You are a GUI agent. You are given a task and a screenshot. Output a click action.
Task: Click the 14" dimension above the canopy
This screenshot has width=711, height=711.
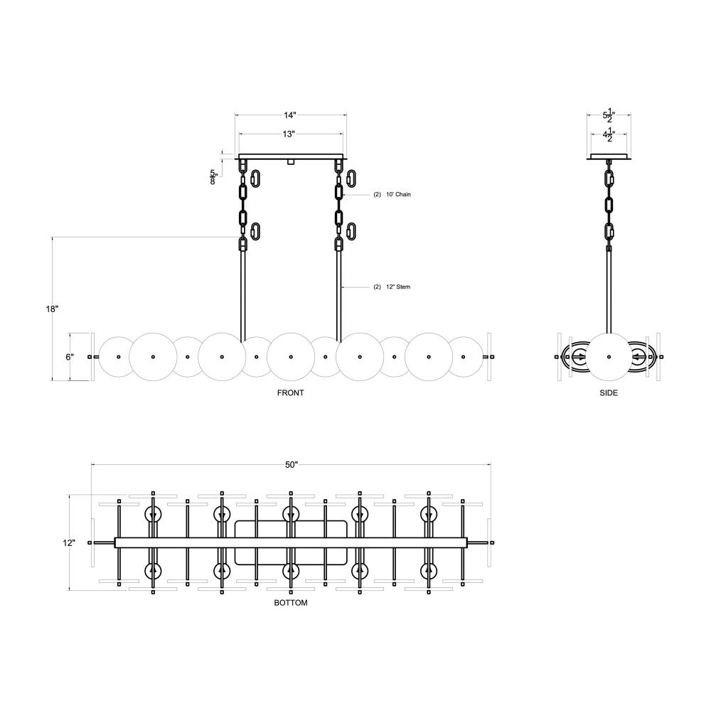(x=290, y=114)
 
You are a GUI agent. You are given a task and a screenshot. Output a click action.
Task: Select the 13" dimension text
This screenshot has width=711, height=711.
(x=289, y=134)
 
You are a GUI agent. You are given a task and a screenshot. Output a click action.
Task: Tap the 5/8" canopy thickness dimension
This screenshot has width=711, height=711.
(x=214, y=177)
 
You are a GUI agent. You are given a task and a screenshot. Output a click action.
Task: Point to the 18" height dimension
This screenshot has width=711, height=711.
(x=52, y=309)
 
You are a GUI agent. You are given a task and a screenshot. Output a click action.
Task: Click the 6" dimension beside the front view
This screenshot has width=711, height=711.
(x=70, y=357)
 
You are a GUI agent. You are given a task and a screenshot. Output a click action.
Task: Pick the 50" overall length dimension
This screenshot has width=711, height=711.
(x=291, y=465)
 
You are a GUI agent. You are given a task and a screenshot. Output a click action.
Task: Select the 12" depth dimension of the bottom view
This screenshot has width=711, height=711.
(x=69, y=542)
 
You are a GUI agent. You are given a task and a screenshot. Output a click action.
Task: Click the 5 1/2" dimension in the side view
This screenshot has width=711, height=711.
(x=609, y=115)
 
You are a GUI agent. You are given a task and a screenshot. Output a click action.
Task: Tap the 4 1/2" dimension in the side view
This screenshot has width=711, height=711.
(x=609, y=134)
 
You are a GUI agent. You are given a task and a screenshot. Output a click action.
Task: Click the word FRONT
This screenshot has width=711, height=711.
(x=291, y=393)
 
